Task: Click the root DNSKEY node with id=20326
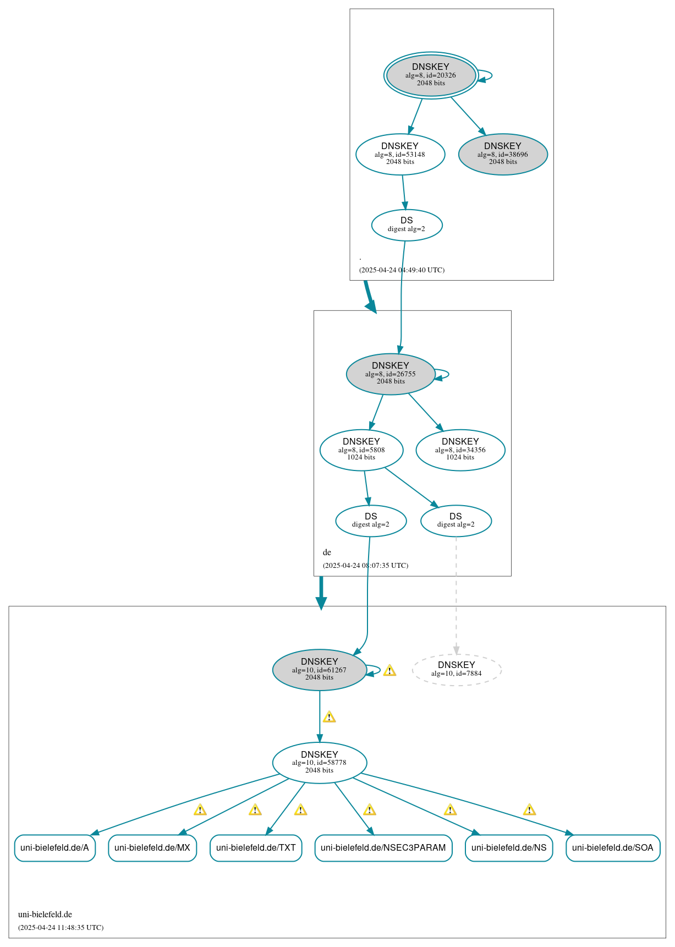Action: click(x=431, y=75)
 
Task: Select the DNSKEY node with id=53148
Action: click(x=400, y=154)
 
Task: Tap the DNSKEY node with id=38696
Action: click(x=503, y=154)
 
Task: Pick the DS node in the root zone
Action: click(x=407, y=225)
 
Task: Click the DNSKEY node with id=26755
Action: click(x=391, y=374)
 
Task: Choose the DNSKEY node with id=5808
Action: click(x=361, y=450)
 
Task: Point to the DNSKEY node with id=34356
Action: click(x=460, y=450)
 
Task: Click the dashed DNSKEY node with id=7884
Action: click(x=457, y=670)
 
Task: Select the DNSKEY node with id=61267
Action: click(x=320, y=670)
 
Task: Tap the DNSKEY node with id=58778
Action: click(x=320, y=763)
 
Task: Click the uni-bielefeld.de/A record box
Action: click(x=54, y=847)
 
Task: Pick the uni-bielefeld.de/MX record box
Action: click(x=152, y=847)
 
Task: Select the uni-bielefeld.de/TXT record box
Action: click(x=256, y=847)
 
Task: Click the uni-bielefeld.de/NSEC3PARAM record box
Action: click(x=383, y=847)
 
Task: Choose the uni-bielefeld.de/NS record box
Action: click(x=509, y=847)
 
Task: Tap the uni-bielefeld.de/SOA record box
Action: click(x=613, y=847)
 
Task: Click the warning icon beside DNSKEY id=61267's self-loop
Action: click(x=389, y=670)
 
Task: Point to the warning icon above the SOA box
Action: click(x=529, y=809)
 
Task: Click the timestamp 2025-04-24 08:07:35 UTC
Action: click(x=366, y=565)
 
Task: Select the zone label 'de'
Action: click(x=327, y=552)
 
